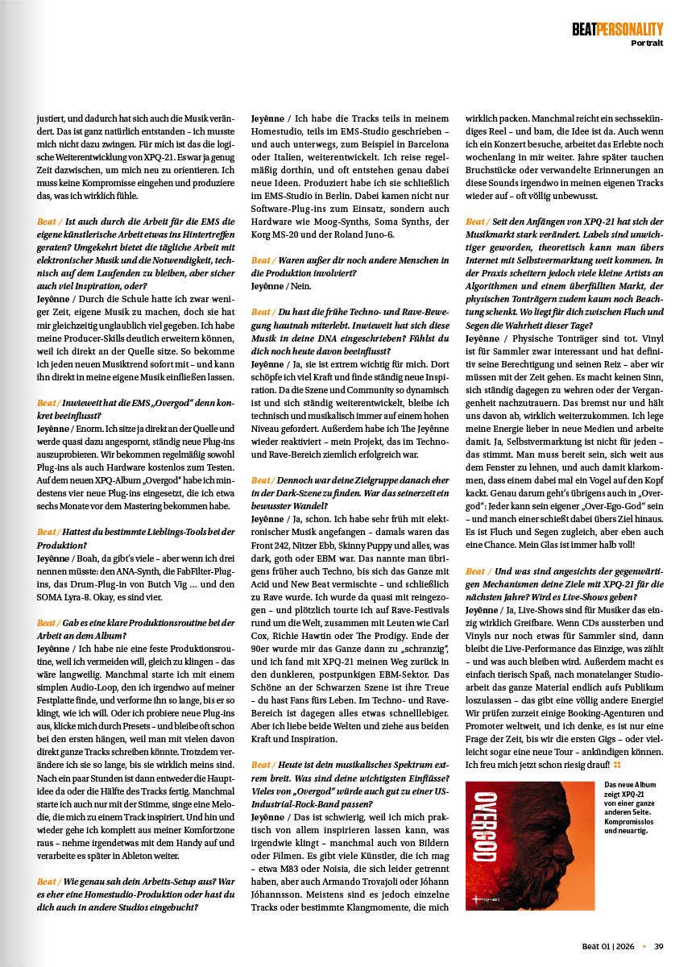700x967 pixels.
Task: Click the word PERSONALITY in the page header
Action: coord(630,29)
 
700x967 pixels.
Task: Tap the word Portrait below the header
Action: coord(647,43)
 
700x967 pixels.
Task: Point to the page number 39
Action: coord(658,946)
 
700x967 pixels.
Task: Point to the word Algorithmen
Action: coord(496,286)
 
